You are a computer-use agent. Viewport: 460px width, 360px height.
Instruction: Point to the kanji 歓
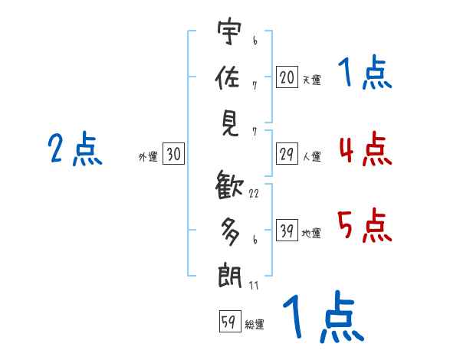[229, 186]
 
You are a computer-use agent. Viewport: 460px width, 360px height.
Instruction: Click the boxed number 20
[287, 77]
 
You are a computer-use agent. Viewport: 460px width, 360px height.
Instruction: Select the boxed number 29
[287, 155]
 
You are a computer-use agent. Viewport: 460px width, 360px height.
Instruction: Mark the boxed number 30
[173, 155]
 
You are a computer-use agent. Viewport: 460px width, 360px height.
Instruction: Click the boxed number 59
[229, 322]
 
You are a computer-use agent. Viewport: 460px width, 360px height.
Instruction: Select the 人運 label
[311, 157]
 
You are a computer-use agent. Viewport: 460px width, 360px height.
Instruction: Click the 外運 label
[147, 157]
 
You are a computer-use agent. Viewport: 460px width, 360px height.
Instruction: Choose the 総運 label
[255, 324]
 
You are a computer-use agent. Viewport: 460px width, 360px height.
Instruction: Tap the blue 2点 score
[74, 149]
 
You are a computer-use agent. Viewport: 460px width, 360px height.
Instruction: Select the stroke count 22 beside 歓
[254, 193]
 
